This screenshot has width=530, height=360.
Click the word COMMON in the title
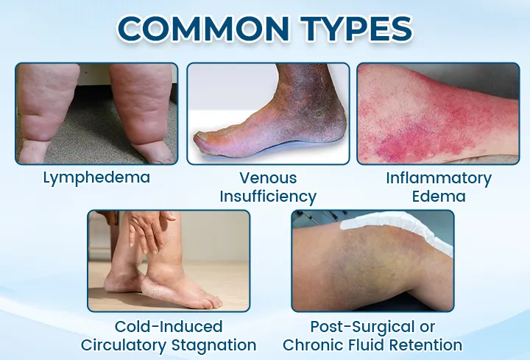[x=203, y=29]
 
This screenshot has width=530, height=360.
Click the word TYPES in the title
[x=356, y=29]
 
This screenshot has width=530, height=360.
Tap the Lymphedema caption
[x=96, y=178]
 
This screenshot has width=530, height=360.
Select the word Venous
[x=268, y=178]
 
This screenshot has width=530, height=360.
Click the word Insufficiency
[x=268, y=196]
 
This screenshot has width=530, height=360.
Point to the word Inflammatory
[x=439, y=178]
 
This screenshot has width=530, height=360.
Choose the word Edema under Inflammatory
[x=439, y=196]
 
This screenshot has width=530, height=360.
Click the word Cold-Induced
[x=169, y=327]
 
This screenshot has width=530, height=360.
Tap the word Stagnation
[x=214, y=345]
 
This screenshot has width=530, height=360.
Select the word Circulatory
[x=124, y=345]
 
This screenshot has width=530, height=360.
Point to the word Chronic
[x=312, y=345]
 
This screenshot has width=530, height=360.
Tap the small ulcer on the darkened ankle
[x=319, y=114]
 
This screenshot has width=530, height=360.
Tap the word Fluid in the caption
[x=366, y=345]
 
